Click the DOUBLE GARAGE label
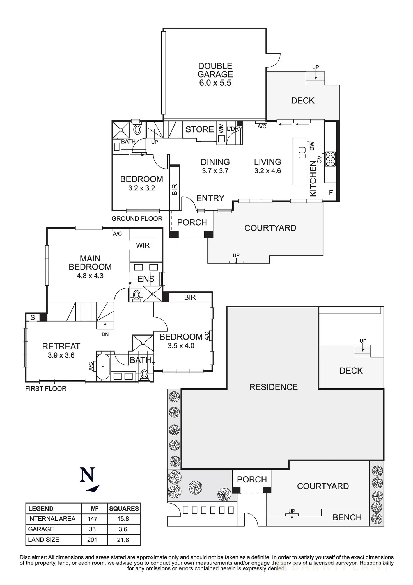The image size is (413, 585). tap(215, 70)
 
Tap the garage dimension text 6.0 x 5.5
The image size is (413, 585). tap(215, 83)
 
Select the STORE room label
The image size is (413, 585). tap(199, 129)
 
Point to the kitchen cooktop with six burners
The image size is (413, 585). tap(330, 159)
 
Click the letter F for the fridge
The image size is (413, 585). tap(331, 193)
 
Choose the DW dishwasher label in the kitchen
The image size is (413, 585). tap(312, 146)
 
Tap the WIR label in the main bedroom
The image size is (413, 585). tap(143, 245)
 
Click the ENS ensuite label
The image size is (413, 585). tap(146, 279)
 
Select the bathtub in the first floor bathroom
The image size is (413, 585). tap(103, 366)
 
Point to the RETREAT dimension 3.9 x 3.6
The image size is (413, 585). tap(61, 355)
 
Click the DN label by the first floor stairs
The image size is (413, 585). tap(105, 334)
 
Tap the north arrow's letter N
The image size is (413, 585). tap(87, 475)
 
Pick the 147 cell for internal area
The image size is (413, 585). tap(92, 519)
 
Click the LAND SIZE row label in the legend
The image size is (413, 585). tap(43, 540)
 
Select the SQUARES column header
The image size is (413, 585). tap(124, 509)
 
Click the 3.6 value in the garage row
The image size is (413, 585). tap(123, 529)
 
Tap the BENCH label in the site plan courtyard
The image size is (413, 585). tap(347, 517)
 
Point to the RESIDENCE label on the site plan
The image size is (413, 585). tap(274, 387)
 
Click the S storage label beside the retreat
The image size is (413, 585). tap(33, 317)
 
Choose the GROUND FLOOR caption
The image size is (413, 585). tap(137, 218)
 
